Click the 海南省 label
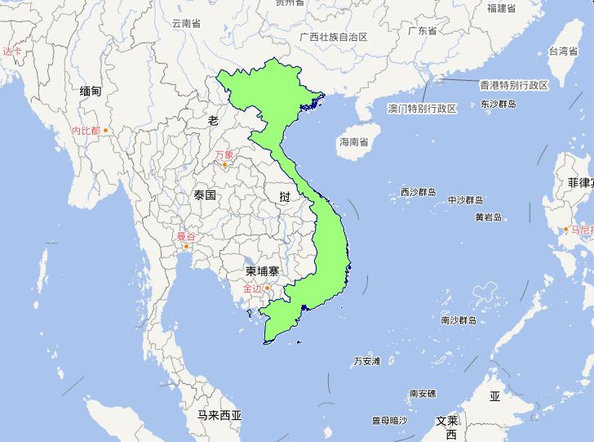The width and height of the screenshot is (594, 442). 353,142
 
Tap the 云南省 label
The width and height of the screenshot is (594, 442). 186,24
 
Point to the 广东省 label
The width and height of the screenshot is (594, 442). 423,31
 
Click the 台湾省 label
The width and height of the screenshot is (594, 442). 563,51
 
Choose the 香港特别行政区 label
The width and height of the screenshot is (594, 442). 514,85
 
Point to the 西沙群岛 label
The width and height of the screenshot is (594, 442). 419,193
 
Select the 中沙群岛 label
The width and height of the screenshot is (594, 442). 466,200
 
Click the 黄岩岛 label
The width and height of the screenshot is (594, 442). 488,217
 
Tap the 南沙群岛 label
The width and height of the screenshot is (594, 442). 458,320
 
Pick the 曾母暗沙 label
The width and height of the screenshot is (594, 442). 389,421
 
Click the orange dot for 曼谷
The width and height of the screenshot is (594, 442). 187,246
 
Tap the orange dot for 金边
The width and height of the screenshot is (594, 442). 267,288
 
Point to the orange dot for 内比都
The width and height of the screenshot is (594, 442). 105,130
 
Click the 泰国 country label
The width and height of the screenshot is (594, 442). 205,196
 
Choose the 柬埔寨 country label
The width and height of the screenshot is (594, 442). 262,270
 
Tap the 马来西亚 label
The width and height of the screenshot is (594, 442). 219,415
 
